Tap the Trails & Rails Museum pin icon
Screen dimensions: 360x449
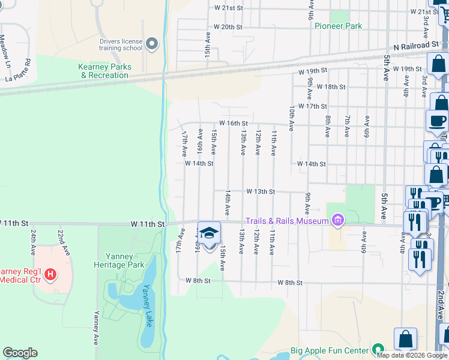click(338, 221)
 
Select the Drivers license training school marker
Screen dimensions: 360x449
click(151, 44)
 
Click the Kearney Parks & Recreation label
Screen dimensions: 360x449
click(104, 71)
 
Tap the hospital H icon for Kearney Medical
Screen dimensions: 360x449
click(51, 275)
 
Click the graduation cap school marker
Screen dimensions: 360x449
click(209, 233)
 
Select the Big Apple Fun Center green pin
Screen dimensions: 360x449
click(378, 349)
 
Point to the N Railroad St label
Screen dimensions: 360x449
click(415, 46)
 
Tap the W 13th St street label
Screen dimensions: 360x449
click(260, 191)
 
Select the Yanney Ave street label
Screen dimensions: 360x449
click(95, 328)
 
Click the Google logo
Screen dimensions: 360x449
click(20, 353)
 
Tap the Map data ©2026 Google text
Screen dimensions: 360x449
click(412, 355)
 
